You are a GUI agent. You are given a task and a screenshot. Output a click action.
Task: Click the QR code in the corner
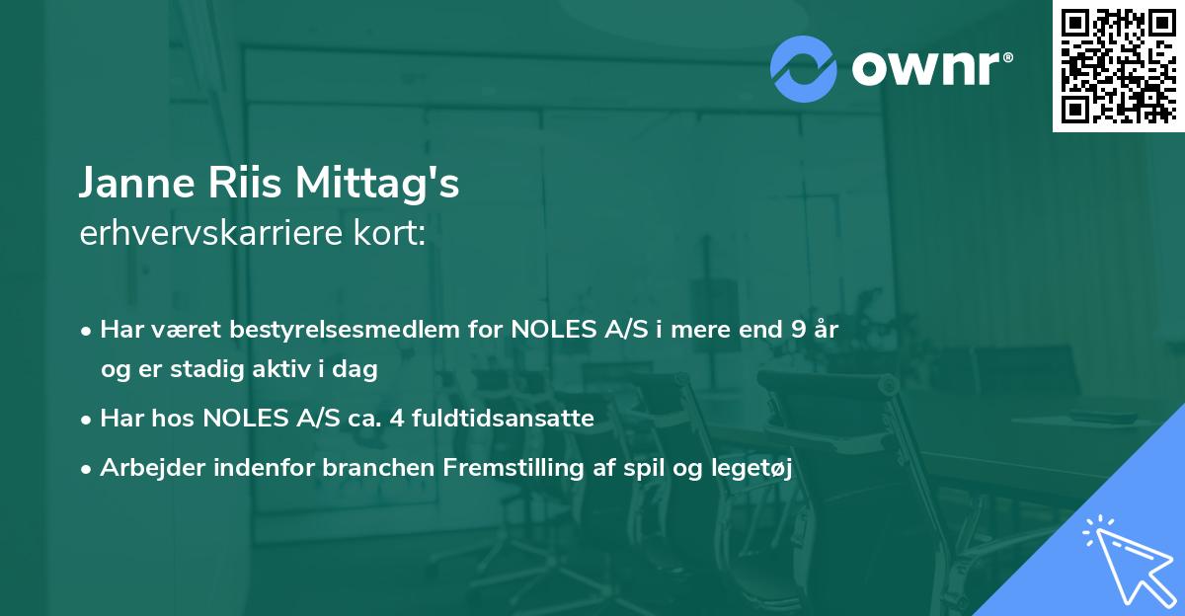click(x=1118, y=66)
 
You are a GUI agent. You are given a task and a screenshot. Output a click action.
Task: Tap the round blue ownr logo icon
click(x=804, y=69)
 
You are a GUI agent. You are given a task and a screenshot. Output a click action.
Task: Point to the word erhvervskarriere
click(x=212, y=236)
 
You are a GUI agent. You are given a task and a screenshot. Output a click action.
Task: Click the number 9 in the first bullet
click(x=796, y=330)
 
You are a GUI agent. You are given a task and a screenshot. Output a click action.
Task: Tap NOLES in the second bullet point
click(x=240, y=419)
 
